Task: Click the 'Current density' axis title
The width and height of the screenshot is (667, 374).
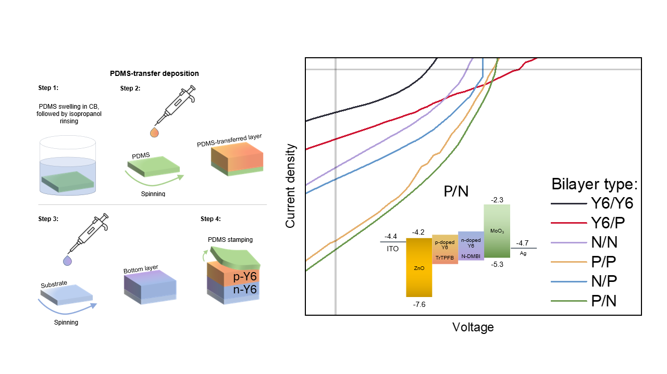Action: point(291,186)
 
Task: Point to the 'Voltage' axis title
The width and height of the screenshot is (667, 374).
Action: point(473,327)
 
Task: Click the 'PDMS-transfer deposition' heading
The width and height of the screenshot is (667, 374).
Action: point(154,73)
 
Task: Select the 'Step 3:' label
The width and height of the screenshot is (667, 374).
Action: point(48,219)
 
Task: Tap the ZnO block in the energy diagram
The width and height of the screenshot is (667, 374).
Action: point(419,267)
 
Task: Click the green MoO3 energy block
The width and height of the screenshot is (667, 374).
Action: point(497,230)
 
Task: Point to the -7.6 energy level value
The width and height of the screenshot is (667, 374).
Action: point(418,305)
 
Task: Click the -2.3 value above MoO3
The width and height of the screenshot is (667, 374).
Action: point(497,199)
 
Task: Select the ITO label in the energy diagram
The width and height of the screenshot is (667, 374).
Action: point(392,249)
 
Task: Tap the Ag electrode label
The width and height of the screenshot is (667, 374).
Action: point(523,253)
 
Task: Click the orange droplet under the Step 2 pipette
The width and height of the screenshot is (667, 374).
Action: point(154,133)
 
